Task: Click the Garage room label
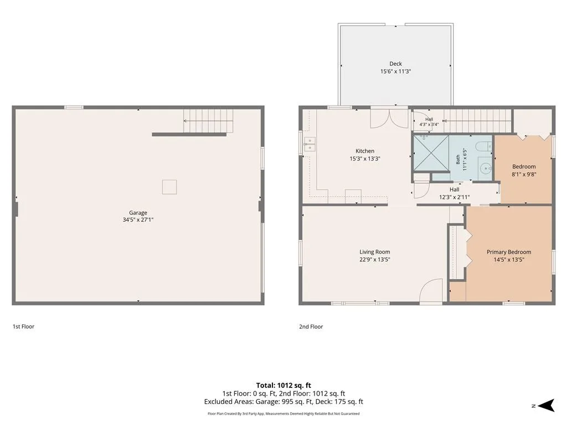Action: tap(138, 213)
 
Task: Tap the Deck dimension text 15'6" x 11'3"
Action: tap(395, 71)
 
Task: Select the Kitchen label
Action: tap(365, 151)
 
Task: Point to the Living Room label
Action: tap(375, 252)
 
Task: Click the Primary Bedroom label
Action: tap(509, 252)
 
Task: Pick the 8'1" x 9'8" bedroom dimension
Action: tap(524, 174)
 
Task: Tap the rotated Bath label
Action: tap(458, 159)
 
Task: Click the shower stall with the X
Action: tap(431, 153)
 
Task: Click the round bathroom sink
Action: tap(485, 168)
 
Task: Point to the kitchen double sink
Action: tap(310, 144)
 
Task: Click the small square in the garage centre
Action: tap(169, 187)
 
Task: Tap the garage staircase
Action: tap(208, 121)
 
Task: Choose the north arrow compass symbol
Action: tap(547, 406)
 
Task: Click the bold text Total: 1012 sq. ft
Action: tap(283, 385)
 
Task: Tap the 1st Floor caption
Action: tap(23, 326)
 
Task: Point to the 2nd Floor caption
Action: tap(311, 326)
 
